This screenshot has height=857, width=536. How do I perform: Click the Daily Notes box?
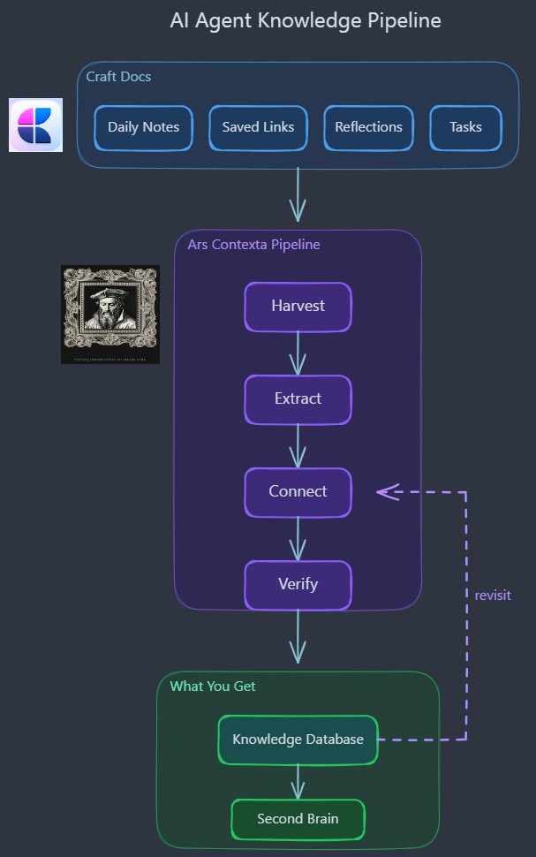(143, 127)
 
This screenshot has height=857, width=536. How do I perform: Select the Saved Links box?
(258, 127)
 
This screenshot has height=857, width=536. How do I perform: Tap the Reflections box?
(368, 127)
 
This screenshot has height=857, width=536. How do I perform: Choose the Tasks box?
(465, 127)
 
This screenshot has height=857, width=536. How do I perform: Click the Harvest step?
(298, 307)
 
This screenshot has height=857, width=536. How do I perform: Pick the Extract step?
(298, 398)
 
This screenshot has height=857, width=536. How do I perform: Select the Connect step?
(298, 491)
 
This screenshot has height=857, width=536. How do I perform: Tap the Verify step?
(298, 584)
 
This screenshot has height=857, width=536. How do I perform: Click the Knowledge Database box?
(298, 739)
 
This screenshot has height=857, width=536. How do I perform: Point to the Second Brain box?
(298, 819)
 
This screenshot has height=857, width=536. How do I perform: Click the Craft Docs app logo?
(35, 125)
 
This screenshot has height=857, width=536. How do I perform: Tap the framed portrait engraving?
(110, 314)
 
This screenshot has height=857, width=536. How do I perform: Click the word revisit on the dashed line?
(493, 595)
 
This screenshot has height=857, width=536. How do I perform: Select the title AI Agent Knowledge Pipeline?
(306, 20)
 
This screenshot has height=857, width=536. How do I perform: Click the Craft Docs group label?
(118, 77)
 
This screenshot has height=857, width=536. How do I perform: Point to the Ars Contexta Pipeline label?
(253, 245)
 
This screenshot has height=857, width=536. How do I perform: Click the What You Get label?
(213, 686)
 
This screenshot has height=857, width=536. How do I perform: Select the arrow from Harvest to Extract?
(298, 353)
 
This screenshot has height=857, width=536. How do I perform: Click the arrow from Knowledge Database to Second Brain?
(298, 781)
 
